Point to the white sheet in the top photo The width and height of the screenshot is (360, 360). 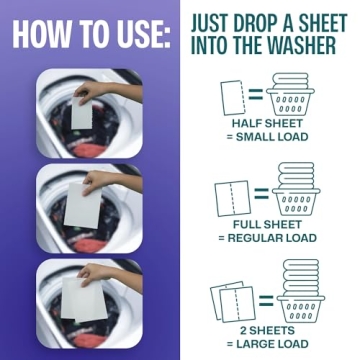point(82,112)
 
